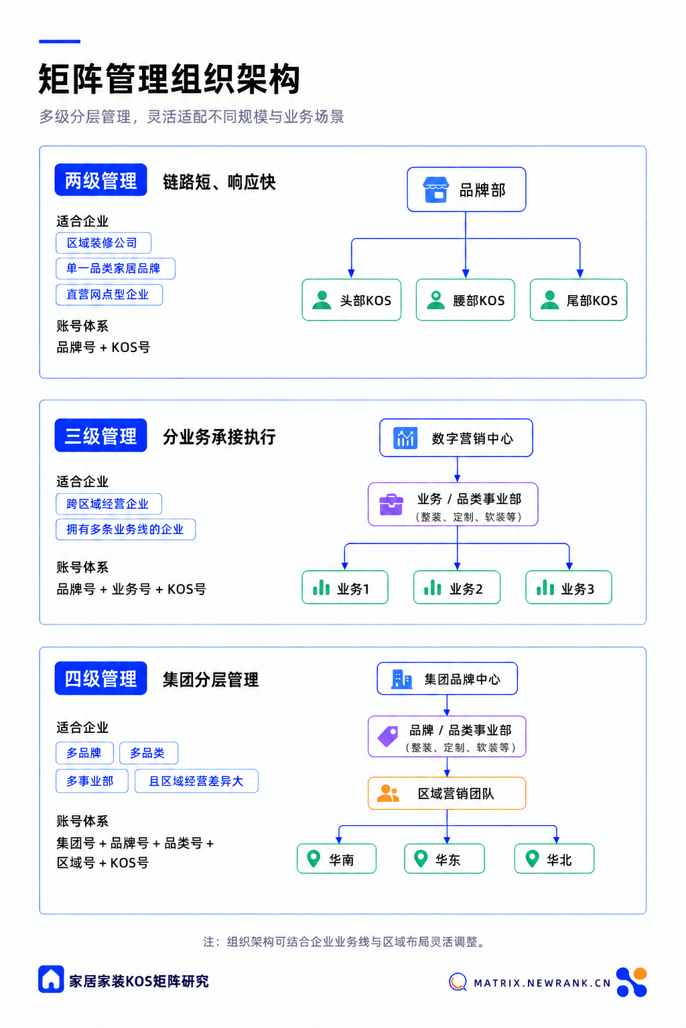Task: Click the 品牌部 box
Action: tap(466, 189)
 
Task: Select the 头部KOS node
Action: tap(352, 300)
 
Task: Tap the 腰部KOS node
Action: tap(466, 300)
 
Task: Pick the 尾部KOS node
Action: tap(579, 300)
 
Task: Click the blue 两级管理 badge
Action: tap(100, 180)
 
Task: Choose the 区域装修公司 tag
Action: tap(103, 243)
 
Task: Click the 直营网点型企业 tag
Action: tap(109, 294)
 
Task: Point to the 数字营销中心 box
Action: tap(456, 438)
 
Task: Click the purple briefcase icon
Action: tap(391, 505)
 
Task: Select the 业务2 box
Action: tap(457, 588)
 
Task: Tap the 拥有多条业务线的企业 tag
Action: tap(125, 529)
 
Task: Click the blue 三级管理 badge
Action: tap(100, 435)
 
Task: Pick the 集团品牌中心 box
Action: tap(447, 678)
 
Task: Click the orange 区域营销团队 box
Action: tap(447, 793)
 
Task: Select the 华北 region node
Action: tap(554, 859)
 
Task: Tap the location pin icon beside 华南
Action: tap(314, 858)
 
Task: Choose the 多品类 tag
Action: tap(149, 753)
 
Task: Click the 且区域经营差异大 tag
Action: tap(196, 781)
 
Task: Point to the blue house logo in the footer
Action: tap(51, 979)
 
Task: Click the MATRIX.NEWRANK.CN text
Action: tap(542, 983)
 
